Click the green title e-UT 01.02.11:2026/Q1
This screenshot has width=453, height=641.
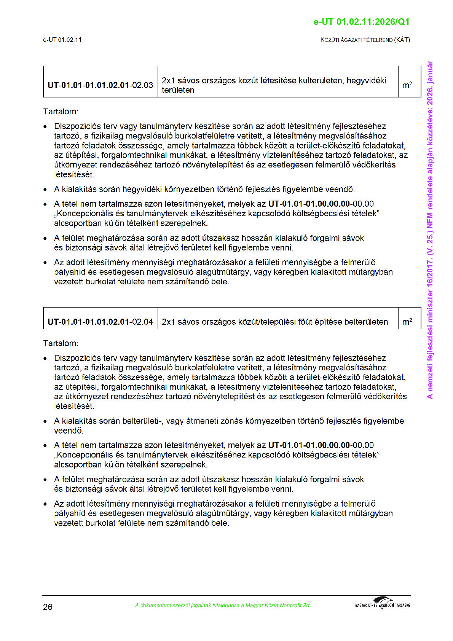(x=361, y=22)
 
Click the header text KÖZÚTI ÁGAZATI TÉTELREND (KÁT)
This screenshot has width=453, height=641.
(x=365, y=40)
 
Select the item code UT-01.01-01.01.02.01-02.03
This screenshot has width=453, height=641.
(x=100, y=85)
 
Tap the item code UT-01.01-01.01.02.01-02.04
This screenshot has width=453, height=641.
(x=100, y=322)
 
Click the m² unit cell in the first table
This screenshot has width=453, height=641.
(x=407, y=85)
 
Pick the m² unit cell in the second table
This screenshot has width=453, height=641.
(x=407, y=322)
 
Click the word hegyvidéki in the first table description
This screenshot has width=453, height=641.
(x=366, y=80)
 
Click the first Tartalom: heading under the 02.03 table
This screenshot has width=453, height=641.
(x=61, y=112)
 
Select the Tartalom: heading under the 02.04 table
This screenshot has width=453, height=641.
(x=61, y=343)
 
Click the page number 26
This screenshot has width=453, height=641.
(x=48, y=607)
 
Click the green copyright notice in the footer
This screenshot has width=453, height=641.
(x=223, y=605)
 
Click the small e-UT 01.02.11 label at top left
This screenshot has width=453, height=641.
(x=62, y=40)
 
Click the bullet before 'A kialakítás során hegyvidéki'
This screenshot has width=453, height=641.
(x=46, y=190)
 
